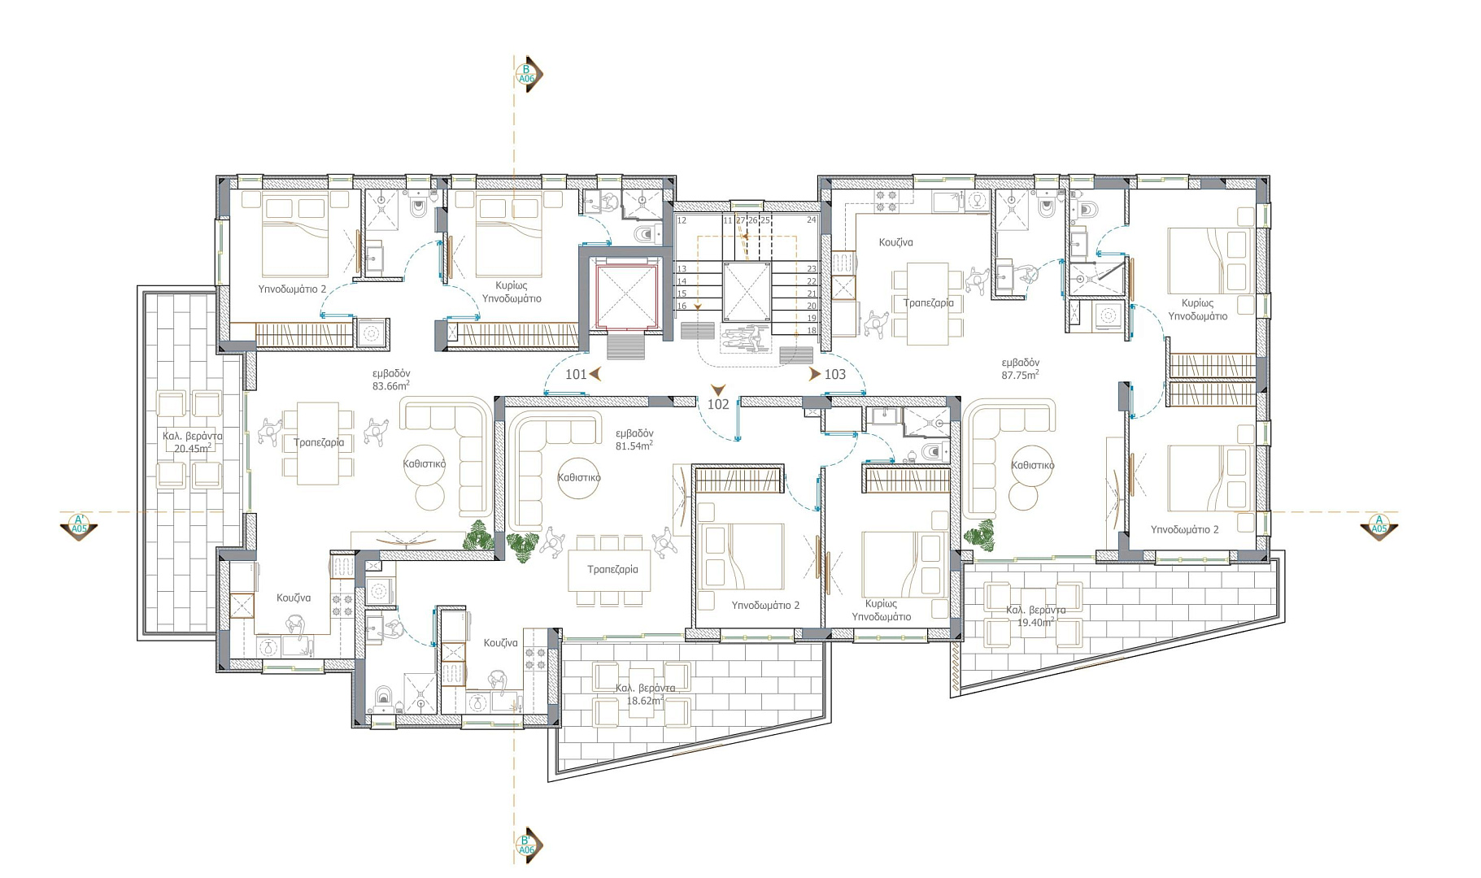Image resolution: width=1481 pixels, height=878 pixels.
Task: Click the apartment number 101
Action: (576, 374)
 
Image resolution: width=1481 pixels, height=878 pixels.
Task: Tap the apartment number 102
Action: (718, 404)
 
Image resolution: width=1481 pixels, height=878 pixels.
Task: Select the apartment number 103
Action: (835, 374)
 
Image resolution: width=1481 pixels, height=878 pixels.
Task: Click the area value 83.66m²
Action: (390, 385)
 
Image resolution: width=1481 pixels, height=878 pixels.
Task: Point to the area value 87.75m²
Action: (1020, 375)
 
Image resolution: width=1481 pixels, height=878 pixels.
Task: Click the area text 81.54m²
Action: (634, 446)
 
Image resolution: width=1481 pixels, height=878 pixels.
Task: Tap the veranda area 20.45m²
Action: (193, 448)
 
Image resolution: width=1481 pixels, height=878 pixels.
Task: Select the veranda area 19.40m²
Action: (1035, 622)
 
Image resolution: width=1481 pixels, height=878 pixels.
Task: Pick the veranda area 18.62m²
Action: (644, 700)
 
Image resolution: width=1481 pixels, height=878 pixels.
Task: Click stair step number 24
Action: (812, 220)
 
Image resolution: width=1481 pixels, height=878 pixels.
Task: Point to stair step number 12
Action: (682, 220)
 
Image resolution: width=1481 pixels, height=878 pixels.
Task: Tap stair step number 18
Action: (812, 331)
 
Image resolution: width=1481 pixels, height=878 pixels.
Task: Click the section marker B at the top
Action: (526, 74)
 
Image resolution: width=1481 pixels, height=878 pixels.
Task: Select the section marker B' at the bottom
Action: (526, 845)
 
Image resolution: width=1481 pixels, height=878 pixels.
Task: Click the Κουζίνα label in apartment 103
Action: (895, 242)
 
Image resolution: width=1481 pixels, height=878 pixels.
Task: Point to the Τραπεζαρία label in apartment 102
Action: (612, 569)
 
